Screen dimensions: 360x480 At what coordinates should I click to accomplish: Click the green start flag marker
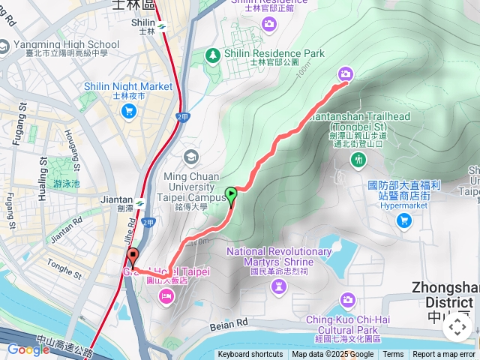tap(231, 196)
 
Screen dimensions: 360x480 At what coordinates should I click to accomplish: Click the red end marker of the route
tap(133, 257)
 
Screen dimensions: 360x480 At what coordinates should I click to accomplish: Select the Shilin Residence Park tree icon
tap(213, 55)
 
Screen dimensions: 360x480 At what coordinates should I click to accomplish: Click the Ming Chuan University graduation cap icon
tap(191, 157)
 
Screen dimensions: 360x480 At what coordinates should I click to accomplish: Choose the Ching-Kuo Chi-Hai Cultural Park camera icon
tap(347, 301)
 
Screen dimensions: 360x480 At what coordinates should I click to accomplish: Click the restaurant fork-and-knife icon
tap(358, 160)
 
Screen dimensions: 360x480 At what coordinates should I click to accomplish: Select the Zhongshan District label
tap(446, 295)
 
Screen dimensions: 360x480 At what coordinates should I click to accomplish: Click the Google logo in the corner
tap(28, 349)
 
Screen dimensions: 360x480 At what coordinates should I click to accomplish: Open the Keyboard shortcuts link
tap(250, 355)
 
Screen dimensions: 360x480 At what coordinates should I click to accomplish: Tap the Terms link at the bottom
tap(393, 355)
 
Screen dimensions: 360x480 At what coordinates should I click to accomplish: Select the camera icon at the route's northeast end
tap(345, 73)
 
